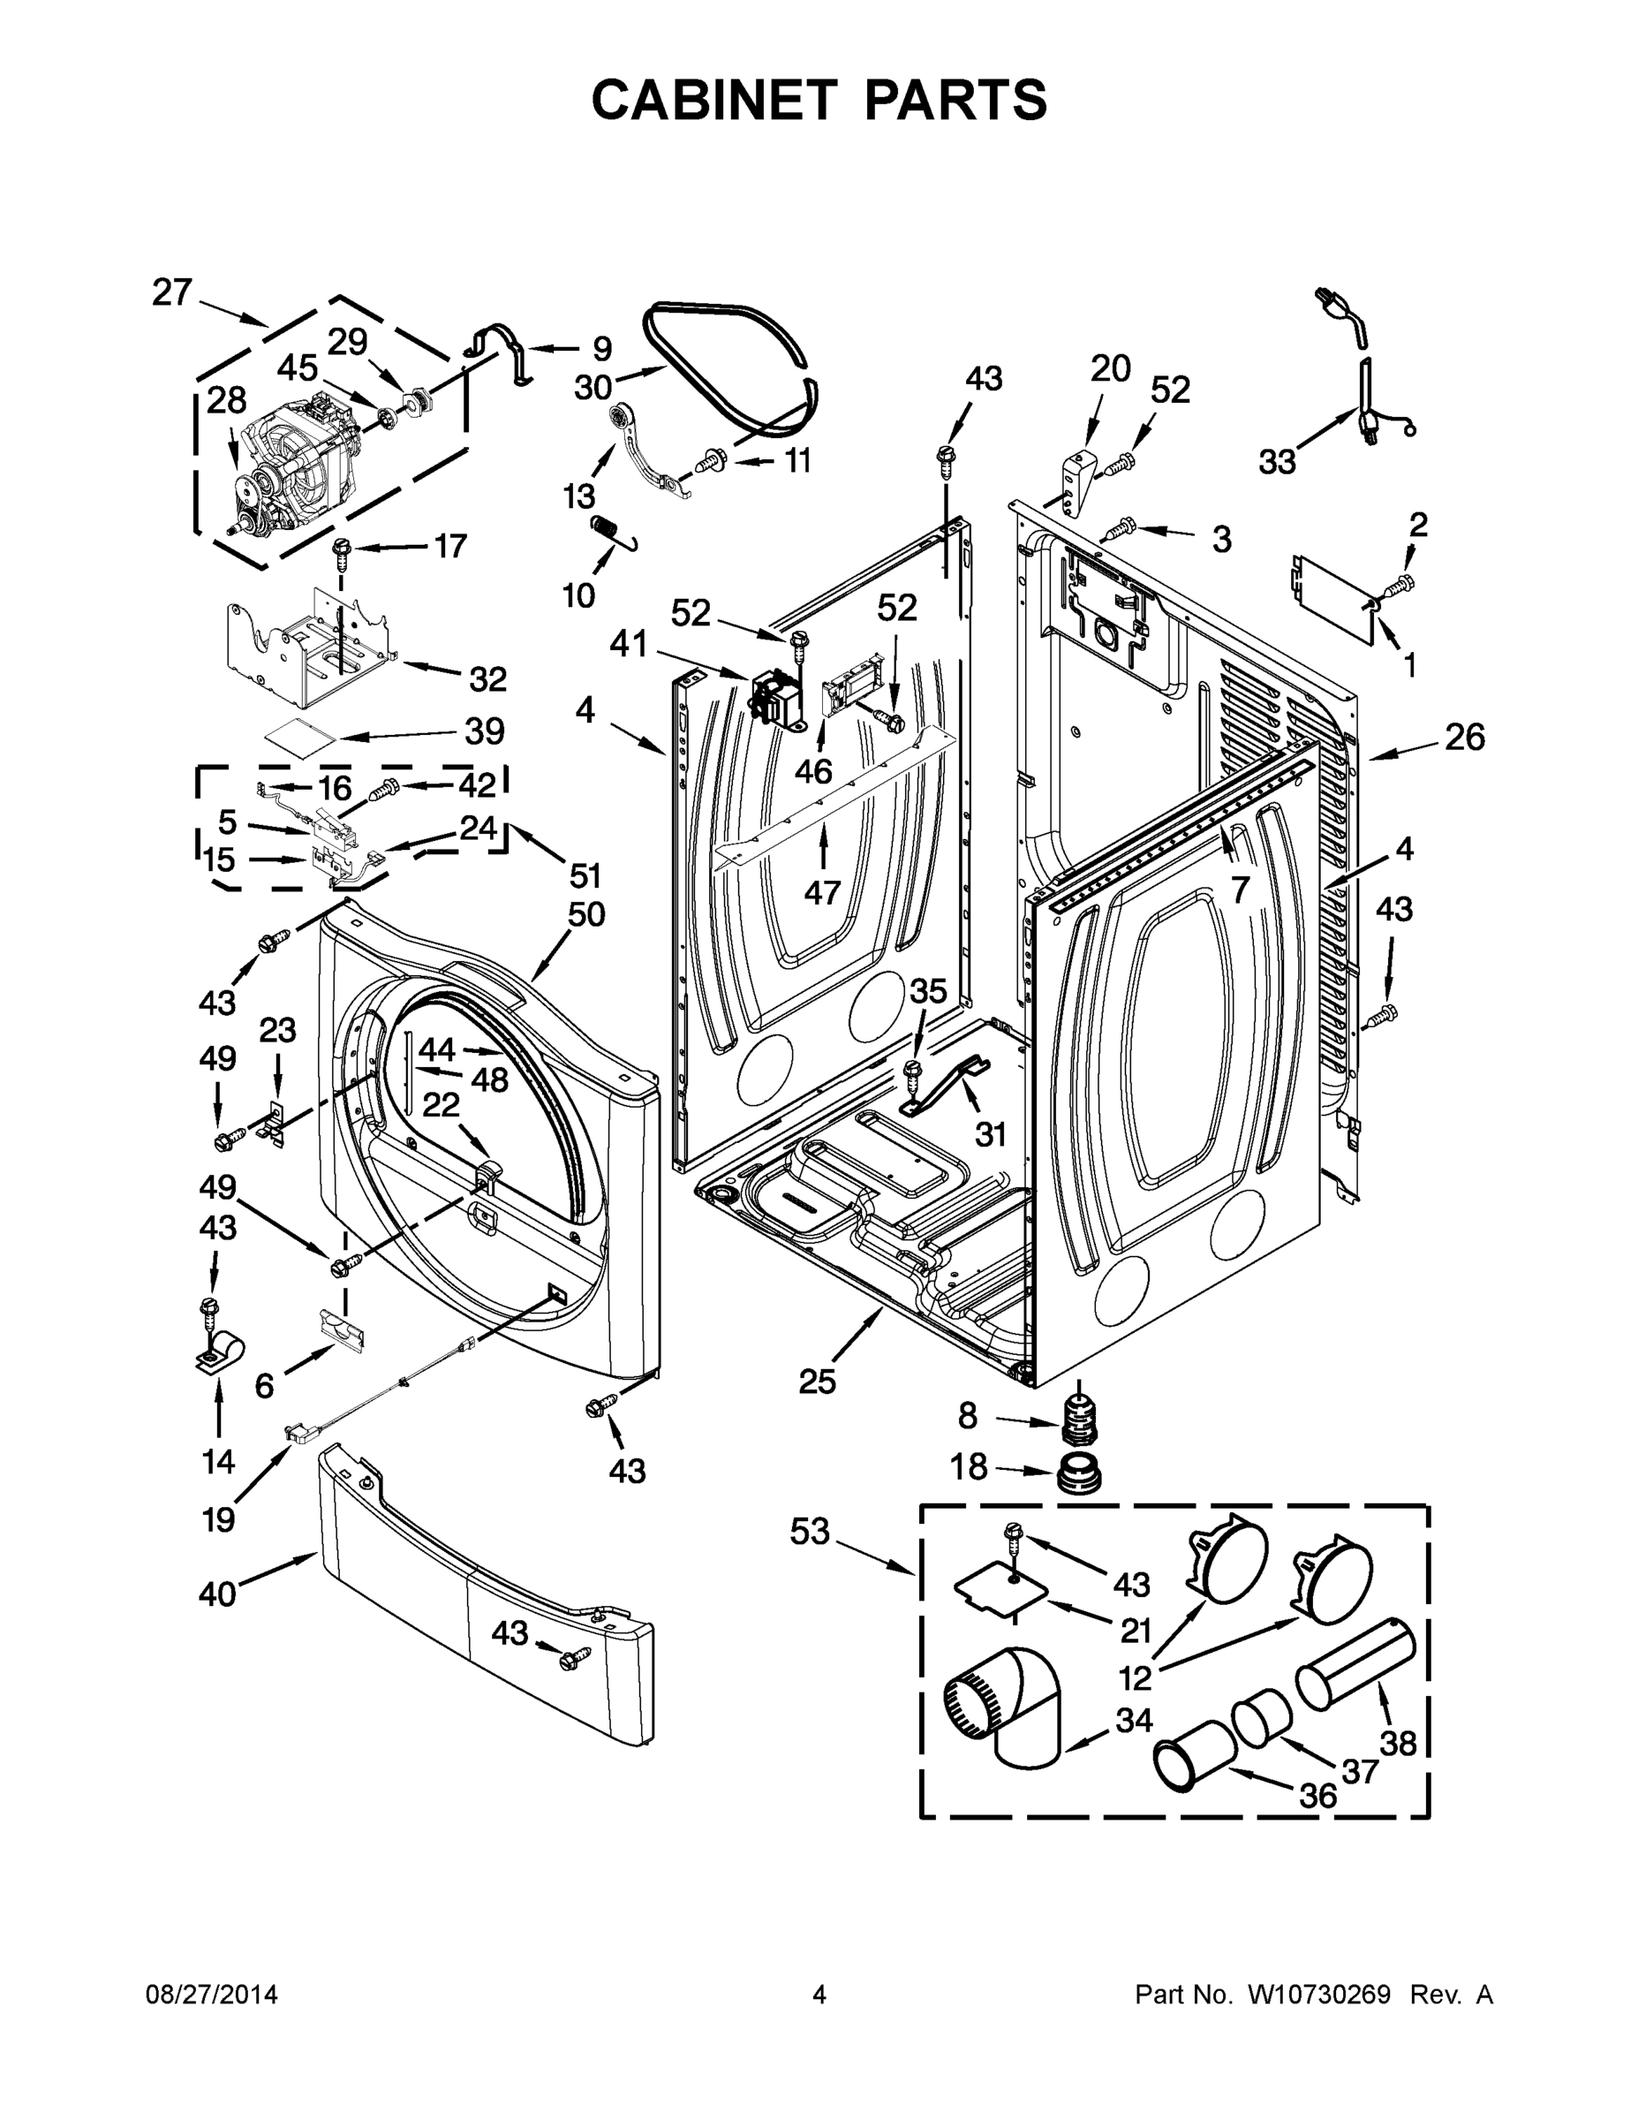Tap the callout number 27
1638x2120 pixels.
point(172,292)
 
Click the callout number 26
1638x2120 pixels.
point(1464,738)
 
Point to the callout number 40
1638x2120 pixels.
point(217,1593)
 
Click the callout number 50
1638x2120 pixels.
point(586,913)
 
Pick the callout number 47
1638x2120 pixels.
point(822,891)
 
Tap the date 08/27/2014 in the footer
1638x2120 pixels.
point(212,1995)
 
